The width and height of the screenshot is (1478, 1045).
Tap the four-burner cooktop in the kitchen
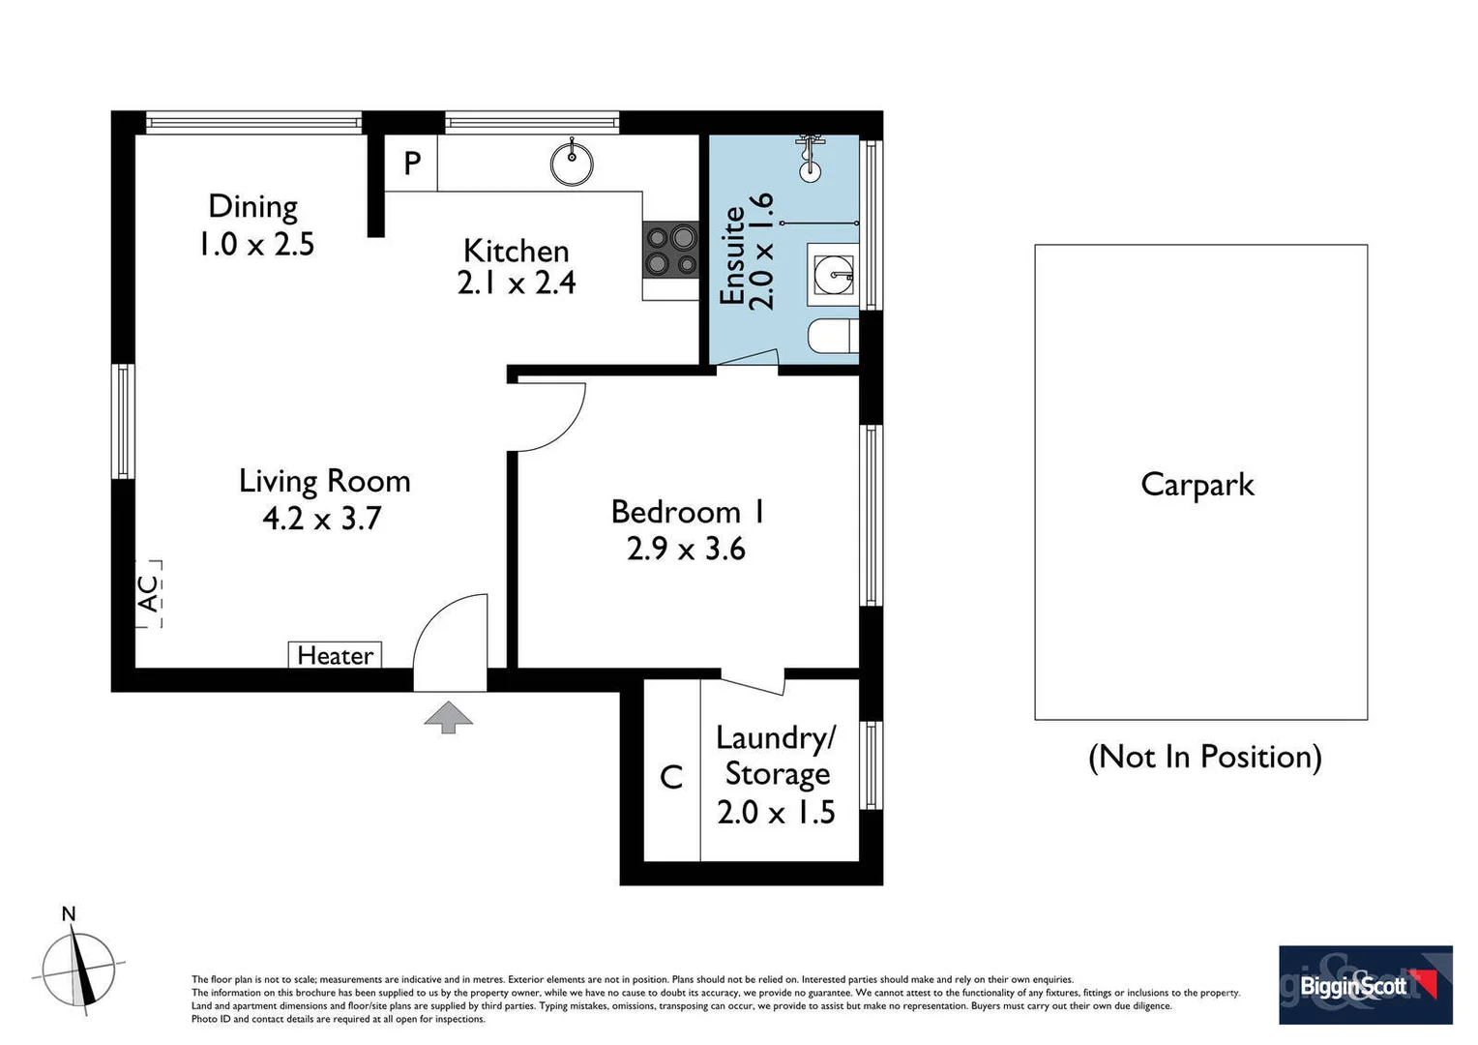coord(670,249)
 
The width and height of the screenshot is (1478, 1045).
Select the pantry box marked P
coord(410,163)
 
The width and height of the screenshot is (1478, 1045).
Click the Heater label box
coord(335,655)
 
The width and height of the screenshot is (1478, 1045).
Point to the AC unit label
coord(149,593)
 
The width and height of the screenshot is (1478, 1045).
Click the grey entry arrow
coord(448,717)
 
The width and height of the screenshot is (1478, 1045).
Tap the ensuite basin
coord(833,275)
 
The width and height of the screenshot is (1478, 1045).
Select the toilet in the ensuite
coord(834,336)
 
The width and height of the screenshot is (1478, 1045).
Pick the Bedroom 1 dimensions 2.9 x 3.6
coord(686,549)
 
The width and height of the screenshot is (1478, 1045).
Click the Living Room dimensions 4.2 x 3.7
coord(322,518)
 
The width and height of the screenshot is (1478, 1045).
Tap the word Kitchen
coord(516,251)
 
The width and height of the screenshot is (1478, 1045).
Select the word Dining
coord(253,208)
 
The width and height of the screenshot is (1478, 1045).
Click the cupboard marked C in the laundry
coord(671,770)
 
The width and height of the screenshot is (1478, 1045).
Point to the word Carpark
coord(1197,485)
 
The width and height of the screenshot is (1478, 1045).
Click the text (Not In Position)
coord(1205,757)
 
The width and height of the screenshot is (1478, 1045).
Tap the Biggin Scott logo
coord(1366,985)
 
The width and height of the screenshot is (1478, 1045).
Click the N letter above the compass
coord(69,913)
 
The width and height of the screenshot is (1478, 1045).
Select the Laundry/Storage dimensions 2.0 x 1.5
coord(776,813)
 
